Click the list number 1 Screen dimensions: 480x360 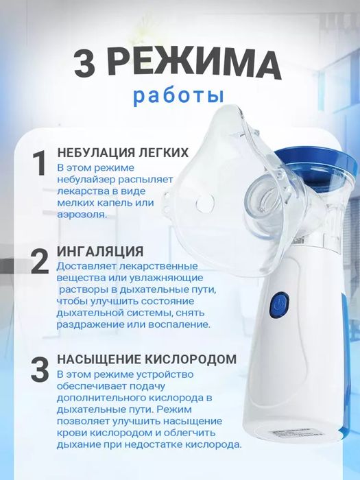40,165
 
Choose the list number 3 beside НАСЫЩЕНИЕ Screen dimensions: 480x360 40,371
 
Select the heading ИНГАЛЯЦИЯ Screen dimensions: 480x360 100,250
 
